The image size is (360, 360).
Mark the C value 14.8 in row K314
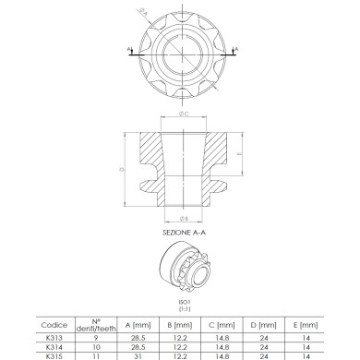[x=222, y=347]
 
